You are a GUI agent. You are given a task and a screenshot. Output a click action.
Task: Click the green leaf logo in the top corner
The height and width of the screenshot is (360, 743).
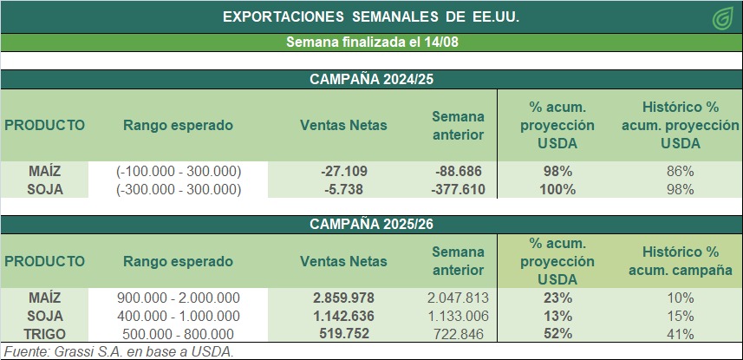pyautogui.click(x=720, y=17)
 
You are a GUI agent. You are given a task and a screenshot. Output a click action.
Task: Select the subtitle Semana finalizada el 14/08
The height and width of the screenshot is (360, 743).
pyautogui.click(x=372, y=43)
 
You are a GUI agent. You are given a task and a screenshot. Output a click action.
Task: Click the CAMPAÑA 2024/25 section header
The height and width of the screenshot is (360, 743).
pyautogui.click(x=372, y=80)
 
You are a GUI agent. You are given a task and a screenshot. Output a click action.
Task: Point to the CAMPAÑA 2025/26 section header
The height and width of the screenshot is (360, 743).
pyautogui.click(x=372, y=224)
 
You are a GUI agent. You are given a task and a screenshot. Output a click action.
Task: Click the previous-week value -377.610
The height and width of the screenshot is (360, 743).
pyautogui.click(x=457, y=189)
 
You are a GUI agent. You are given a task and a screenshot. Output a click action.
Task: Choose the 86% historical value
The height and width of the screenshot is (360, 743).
pyautogui.click(x=681, y=171)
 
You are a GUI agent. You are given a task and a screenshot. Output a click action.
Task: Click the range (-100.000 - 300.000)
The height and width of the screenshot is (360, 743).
pyautogui.click(x=178, y=171)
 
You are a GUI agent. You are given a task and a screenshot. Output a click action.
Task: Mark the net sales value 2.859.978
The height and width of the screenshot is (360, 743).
pyautogui.click(x=343, y=298)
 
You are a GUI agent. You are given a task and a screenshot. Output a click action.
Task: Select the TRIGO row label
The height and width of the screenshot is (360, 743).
pyautogui.click(x=45, y=334)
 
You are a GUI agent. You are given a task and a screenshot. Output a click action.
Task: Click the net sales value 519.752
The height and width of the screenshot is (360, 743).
pyautogui.click(x=343, y=334)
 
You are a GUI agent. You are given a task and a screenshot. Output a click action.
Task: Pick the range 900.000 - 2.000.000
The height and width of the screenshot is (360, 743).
pyautogui.click(x=178, y=298)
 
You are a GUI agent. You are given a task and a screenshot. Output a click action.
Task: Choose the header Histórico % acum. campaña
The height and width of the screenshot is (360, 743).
pyautogui.click(x=681, y=261)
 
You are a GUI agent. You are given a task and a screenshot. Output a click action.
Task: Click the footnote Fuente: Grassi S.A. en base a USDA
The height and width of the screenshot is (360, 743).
pyautogui.click(x=120, y=351)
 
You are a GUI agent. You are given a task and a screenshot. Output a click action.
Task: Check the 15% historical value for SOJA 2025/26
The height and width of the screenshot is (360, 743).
pyautogui.click(x=681, y=316)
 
